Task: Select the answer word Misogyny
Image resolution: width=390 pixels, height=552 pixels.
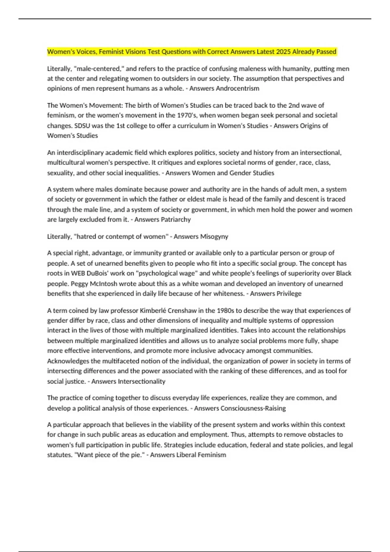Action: pos(214,237)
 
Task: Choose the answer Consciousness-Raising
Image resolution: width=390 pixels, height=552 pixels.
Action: pos(253,408)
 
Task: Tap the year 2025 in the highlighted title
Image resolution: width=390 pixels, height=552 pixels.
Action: pos(283,52)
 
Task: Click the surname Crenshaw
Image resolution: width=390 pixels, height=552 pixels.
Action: pos(182,310)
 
